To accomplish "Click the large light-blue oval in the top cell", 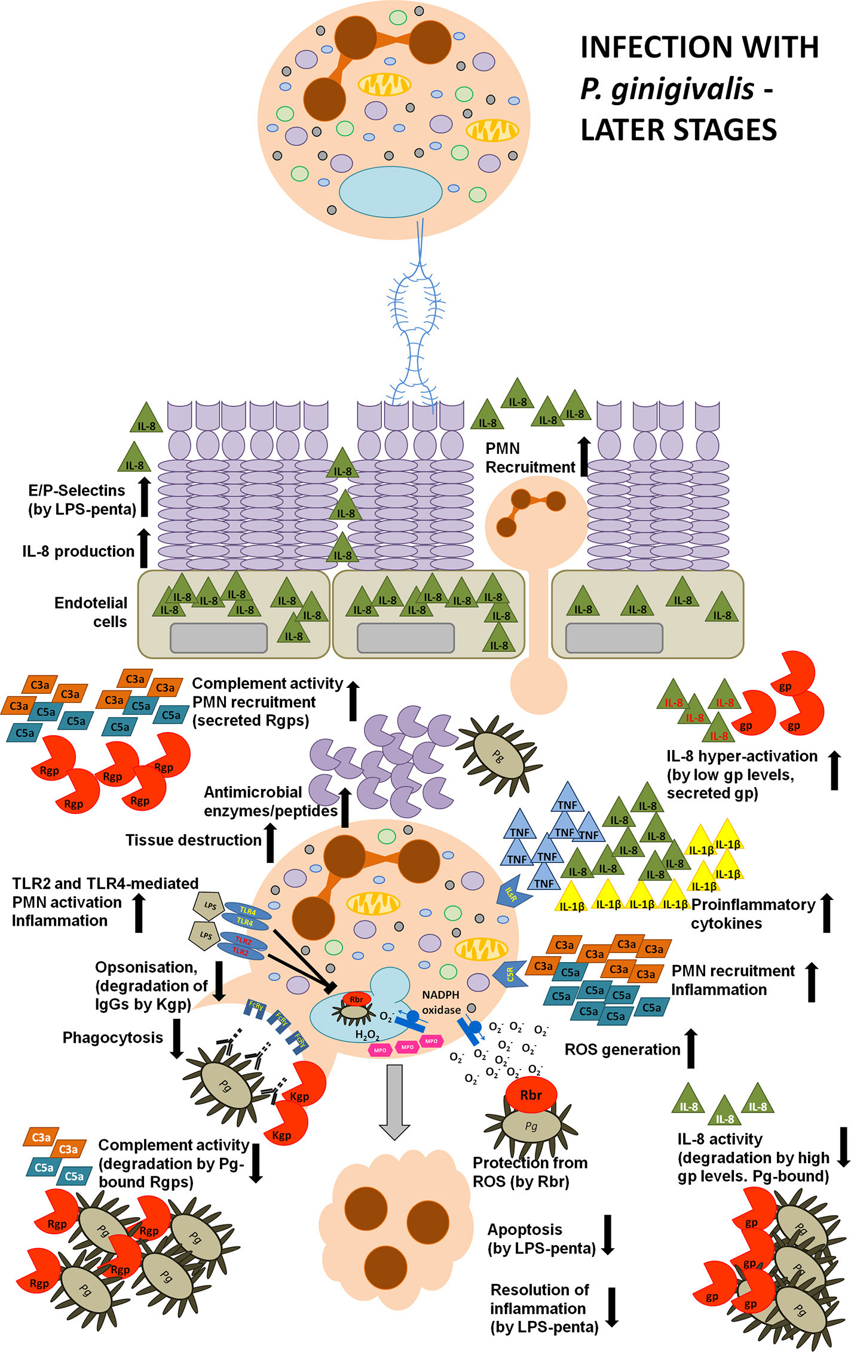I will pyautogui.click(x=390, y=192).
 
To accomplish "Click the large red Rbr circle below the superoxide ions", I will pyautogui.click(x=531, y=1095).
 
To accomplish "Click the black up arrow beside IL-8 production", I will pyautogui.click(x=143, y=548).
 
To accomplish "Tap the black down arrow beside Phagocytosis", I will pyautogui.click(x=176, y=1038).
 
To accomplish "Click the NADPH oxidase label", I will pyautogui.click(x=441, y=1002).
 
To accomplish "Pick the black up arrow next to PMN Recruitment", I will pyautogui.click(x=584, y=456).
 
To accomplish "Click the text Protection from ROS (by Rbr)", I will pyautogui.click(x=529, y=1172).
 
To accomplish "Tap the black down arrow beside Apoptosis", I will pyautogui.click(x=608, y=1234).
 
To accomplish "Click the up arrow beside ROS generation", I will pyautogui.click(x=691, y=1048).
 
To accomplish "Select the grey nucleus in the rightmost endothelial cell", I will pyautogui.click(x=614, y=638).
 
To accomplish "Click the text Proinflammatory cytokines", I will pyautogui.click(x=753, y=914).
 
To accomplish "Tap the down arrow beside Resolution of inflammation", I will pyautogui.click(x=611, y=1307).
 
